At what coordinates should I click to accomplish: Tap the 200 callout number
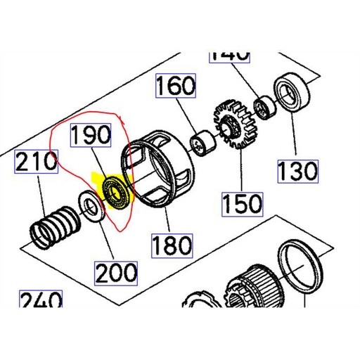click(x=117, y=270)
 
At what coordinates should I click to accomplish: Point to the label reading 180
click(x=172, y=245)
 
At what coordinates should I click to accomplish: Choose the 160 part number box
click(x=174, y=87)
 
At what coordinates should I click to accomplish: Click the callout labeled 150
click(x=242, y=203)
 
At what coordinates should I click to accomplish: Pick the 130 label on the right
click(x=297, y=170)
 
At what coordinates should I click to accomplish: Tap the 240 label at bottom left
click(x=39, y=302)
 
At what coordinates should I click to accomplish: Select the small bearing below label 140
click(x=266, y=107)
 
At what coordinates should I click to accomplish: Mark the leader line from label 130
click(x=292, y=137)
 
